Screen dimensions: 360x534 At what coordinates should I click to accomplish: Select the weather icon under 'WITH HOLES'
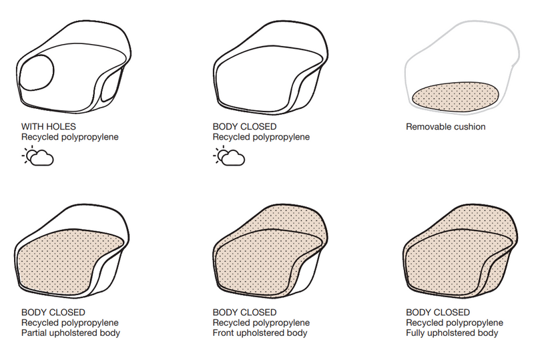tap(37, 157)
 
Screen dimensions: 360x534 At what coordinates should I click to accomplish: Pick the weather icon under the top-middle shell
tap(229, 157)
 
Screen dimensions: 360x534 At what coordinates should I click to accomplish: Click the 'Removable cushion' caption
tap(445, 126)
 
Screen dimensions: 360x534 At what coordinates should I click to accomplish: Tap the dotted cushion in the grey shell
tap(457, 96)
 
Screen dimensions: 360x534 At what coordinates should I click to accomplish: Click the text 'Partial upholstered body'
tap(71, 333)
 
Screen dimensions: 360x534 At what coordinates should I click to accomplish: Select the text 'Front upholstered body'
tap(260, 333)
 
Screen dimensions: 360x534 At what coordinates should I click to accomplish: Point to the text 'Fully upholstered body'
tap(452, 333)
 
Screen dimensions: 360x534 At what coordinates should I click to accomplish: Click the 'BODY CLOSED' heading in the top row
tap(244, 126)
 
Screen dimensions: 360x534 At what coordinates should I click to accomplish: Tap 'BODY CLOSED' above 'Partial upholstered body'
tap(53, 313)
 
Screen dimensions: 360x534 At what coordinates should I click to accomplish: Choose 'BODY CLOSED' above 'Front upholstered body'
tap(244, 313)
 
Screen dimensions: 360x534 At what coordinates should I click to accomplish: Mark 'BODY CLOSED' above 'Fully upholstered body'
tap(438, 313)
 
